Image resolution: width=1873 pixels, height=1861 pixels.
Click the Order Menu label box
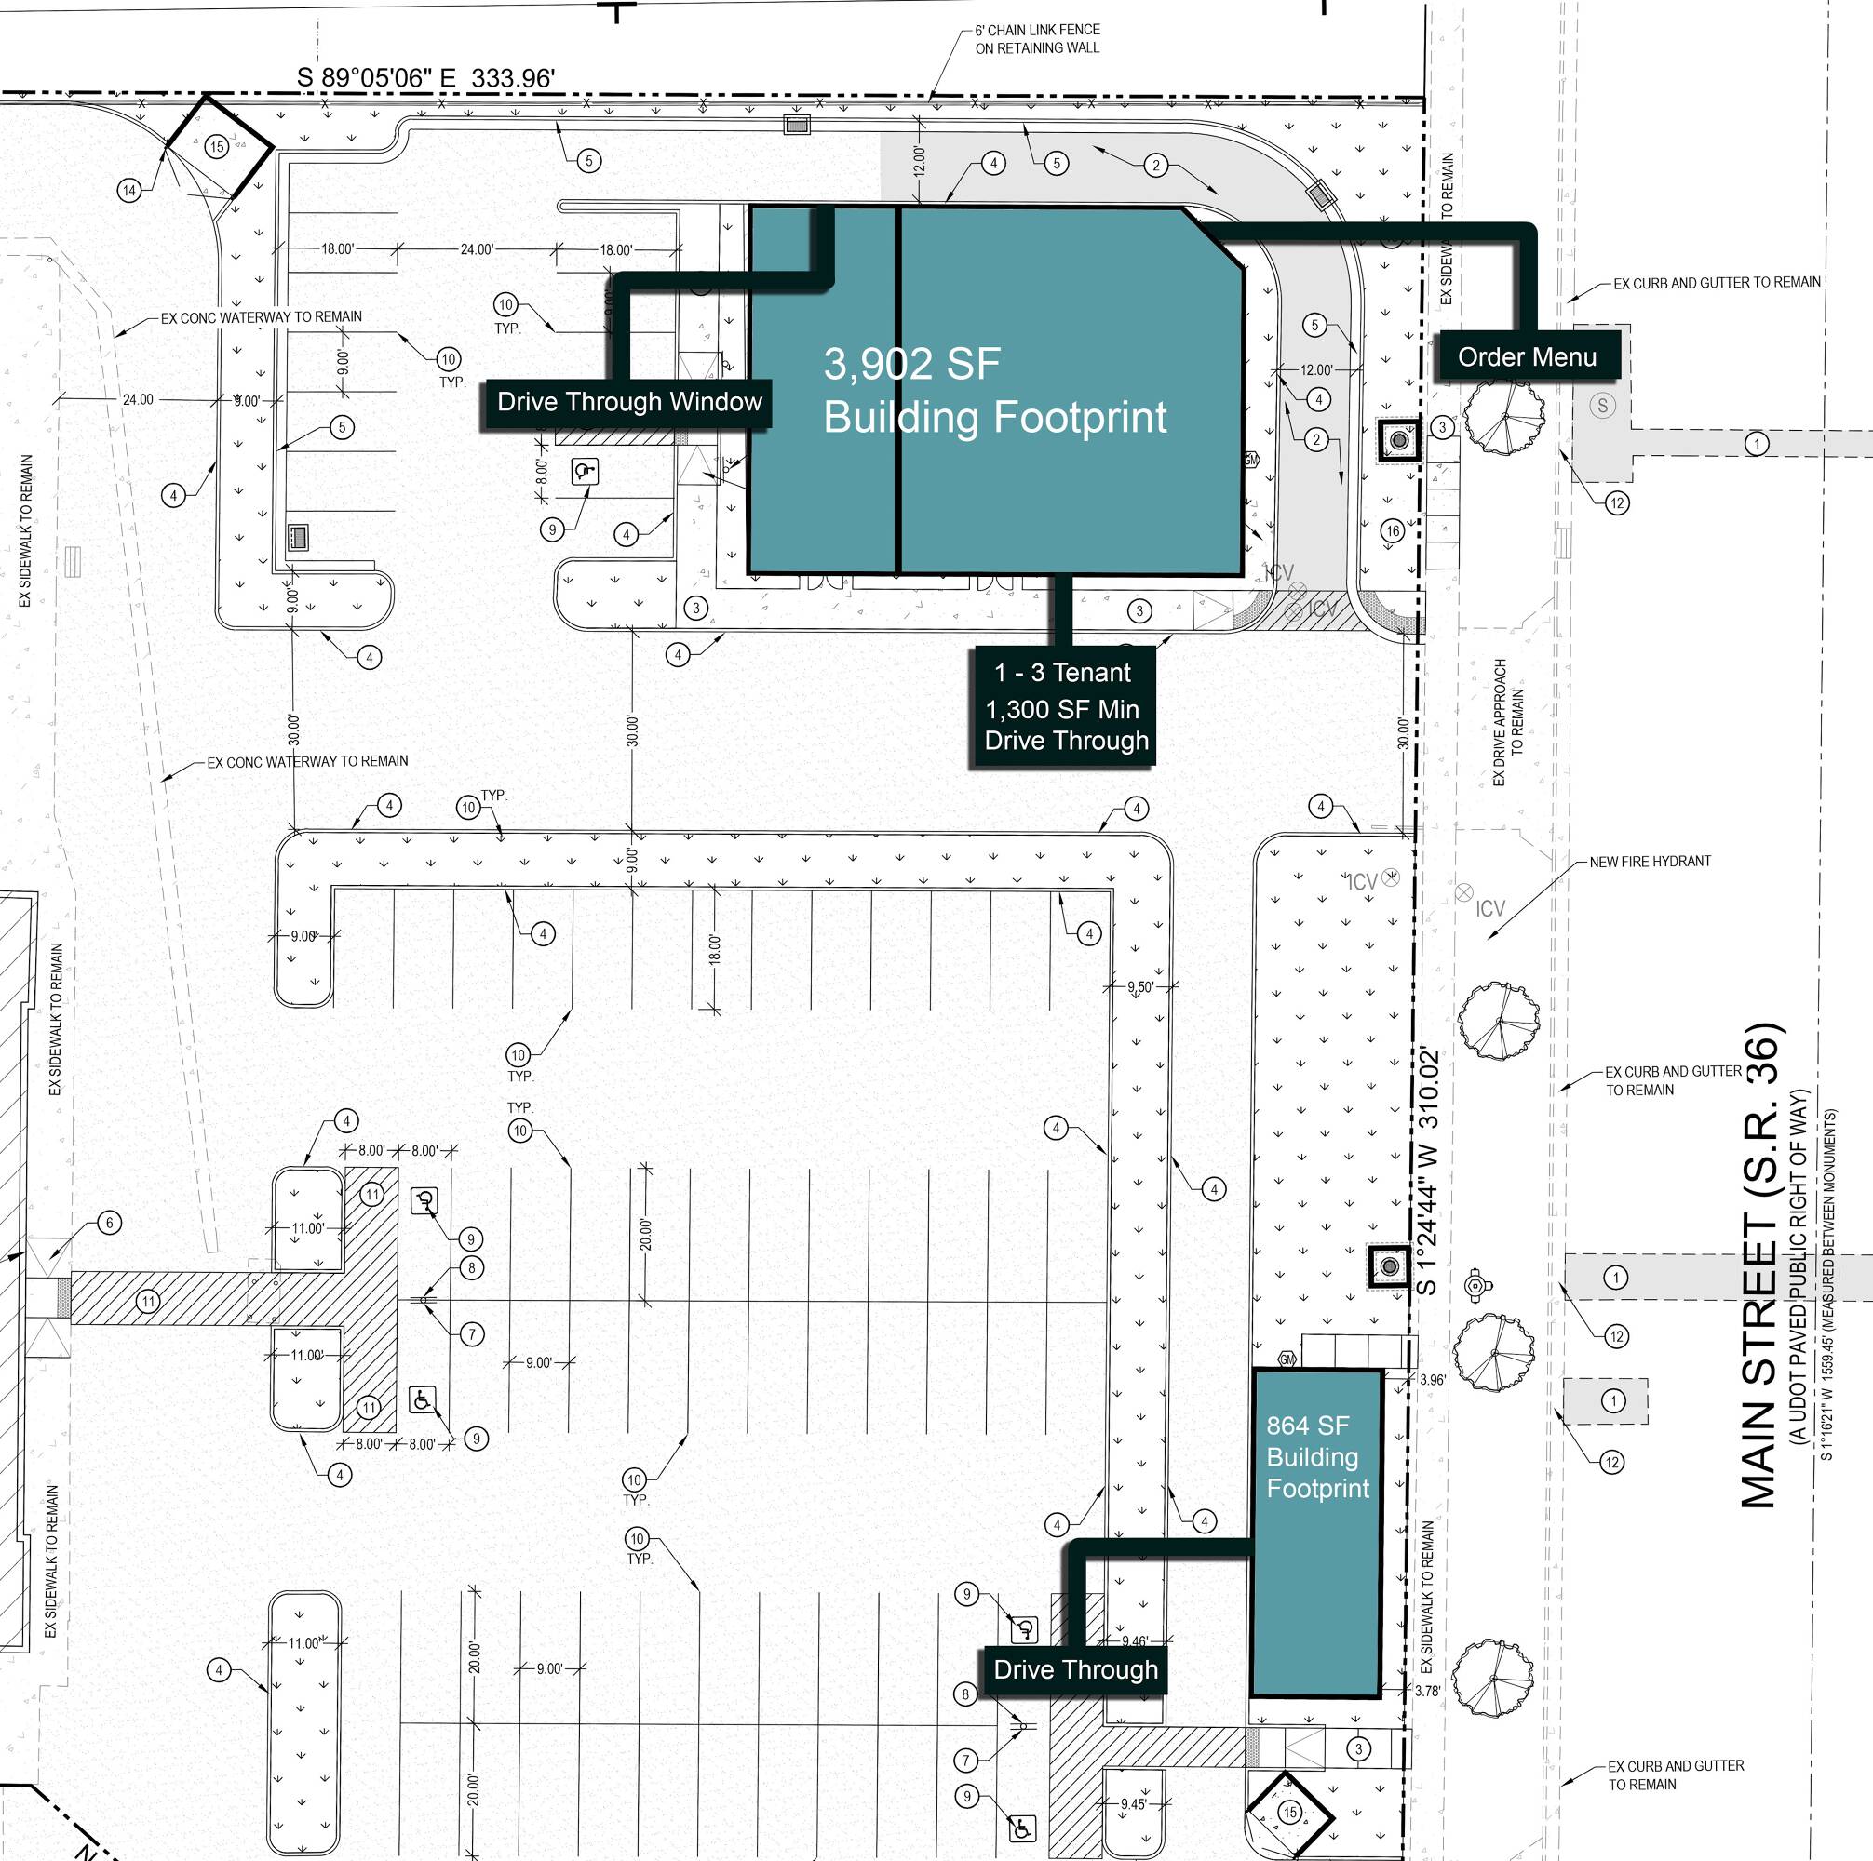1526,356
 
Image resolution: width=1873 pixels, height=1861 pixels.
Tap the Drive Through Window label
628,401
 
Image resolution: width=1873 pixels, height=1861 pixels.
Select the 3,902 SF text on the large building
910,365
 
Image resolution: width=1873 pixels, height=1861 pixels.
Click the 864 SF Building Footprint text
1316,1457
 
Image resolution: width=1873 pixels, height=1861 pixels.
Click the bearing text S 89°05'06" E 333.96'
425,77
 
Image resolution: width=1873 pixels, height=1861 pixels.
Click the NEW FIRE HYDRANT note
1649,861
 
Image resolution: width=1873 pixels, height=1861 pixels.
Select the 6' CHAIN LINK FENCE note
1036,39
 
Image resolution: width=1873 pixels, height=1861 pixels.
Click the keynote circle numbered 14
129,190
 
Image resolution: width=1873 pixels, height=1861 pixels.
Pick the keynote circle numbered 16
1392,530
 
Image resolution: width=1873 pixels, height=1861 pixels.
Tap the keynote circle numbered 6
109,1223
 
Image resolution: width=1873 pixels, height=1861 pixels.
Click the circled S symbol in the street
1602,405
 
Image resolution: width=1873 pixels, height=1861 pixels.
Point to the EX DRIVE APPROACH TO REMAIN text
1507,722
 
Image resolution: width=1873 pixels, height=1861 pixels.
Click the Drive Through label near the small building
1075,1669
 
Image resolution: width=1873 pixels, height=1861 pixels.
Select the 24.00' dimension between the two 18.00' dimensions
476,249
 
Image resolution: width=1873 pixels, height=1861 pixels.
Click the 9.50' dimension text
1140,986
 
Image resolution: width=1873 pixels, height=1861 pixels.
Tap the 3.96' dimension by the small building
1432,1378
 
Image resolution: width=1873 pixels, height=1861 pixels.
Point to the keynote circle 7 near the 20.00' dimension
471,1333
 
